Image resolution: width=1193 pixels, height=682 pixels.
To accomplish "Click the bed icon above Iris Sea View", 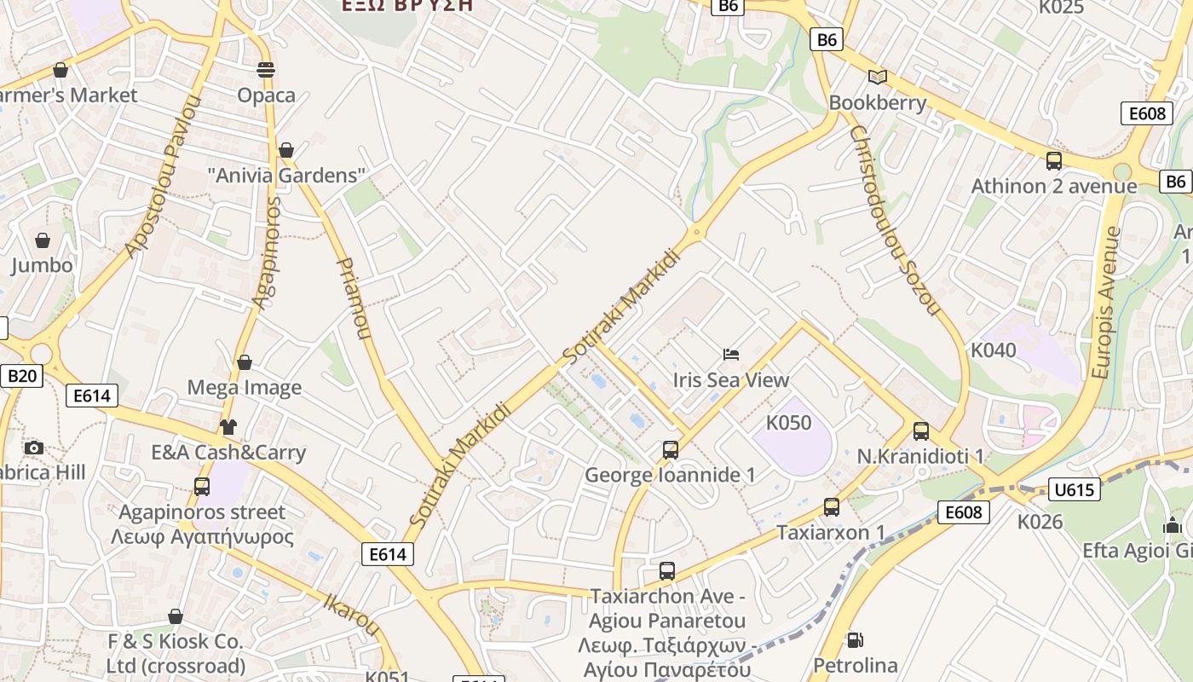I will point(731,354).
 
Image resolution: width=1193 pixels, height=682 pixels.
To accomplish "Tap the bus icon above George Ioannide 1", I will point(671,449).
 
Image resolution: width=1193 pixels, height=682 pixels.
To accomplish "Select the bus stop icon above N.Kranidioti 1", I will point(920,431).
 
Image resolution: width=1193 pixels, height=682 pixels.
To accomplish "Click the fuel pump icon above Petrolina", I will point(855,639).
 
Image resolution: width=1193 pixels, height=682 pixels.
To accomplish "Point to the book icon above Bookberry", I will point(877,78).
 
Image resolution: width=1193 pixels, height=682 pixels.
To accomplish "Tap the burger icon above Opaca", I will point(266,69).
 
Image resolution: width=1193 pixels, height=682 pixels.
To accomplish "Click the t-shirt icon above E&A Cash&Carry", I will point(228,426).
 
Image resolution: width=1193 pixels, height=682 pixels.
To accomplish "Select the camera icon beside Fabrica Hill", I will point(34,448).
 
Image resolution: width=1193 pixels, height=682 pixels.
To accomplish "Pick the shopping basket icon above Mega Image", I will point(245,362).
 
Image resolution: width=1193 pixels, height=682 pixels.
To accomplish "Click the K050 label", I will point(788,423).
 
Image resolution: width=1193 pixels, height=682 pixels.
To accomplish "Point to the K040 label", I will point(994,350).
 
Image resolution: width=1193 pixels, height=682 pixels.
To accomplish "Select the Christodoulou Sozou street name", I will point(894,221).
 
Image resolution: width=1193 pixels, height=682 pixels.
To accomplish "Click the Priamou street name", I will point(354,298).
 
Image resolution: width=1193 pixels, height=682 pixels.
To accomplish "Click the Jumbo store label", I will point(42,265).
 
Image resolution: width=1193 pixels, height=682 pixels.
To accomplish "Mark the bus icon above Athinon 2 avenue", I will point(1054,160).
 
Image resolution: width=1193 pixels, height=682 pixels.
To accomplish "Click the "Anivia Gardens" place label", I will point(286,176).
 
